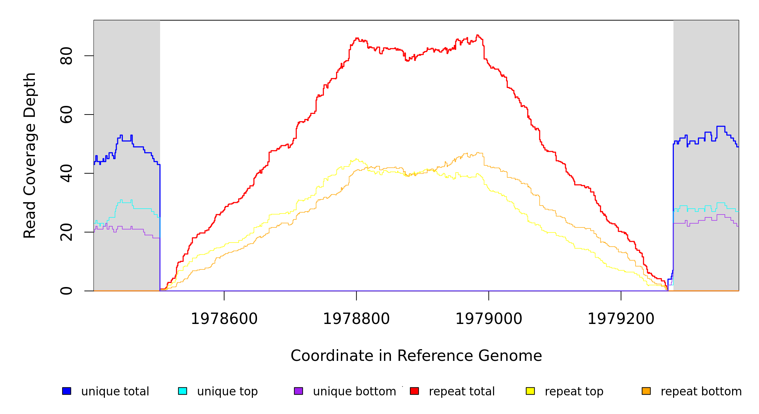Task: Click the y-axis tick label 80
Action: click(66, 56)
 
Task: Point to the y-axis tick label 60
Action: click(66, 115)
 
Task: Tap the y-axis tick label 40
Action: click(66, 173)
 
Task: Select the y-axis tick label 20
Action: click(66, 232)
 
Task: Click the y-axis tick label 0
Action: click(66, 291)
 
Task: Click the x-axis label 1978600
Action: click(224, 319)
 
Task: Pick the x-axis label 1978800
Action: click(356, 319)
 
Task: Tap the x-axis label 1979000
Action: click(489, 319)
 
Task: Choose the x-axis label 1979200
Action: click(621, 319)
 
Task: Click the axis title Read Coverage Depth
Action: click(30, 155)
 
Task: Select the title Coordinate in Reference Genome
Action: click(416, 356)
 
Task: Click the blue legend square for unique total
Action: click(67, 391)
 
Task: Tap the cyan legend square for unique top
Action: click(183, 391)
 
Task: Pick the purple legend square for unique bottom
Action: click(298, 391)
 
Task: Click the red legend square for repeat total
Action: click(414, 391)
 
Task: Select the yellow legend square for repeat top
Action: click(530, 391)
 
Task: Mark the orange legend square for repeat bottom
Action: click(646, 391)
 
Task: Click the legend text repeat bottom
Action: click(701, 392)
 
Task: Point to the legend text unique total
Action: click(115, 392)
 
